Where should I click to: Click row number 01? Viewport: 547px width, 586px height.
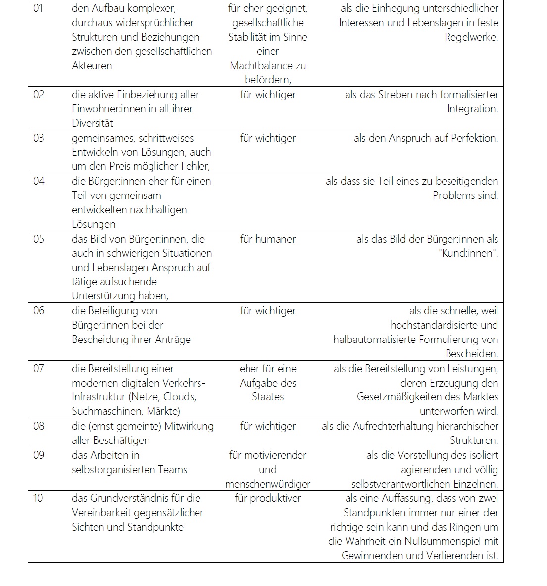38,8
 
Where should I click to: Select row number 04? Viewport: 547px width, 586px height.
39,181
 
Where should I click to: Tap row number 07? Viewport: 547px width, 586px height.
39,369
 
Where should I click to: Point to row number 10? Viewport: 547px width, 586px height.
38,498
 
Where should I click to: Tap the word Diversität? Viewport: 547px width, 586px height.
93,123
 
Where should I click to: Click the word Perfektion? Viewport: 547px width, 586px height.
474,138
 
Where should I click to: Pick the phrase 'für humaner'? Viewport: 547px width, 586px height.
268,239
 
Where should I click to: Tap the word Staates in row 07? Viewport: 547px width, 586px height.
268,397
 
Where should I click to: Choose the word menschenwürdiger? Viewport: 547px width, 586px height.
268,484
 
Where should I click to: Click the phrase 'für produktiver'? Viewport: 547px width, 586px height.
268,498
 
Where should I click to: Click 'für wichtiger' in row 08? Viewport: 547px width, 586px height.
268,426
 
